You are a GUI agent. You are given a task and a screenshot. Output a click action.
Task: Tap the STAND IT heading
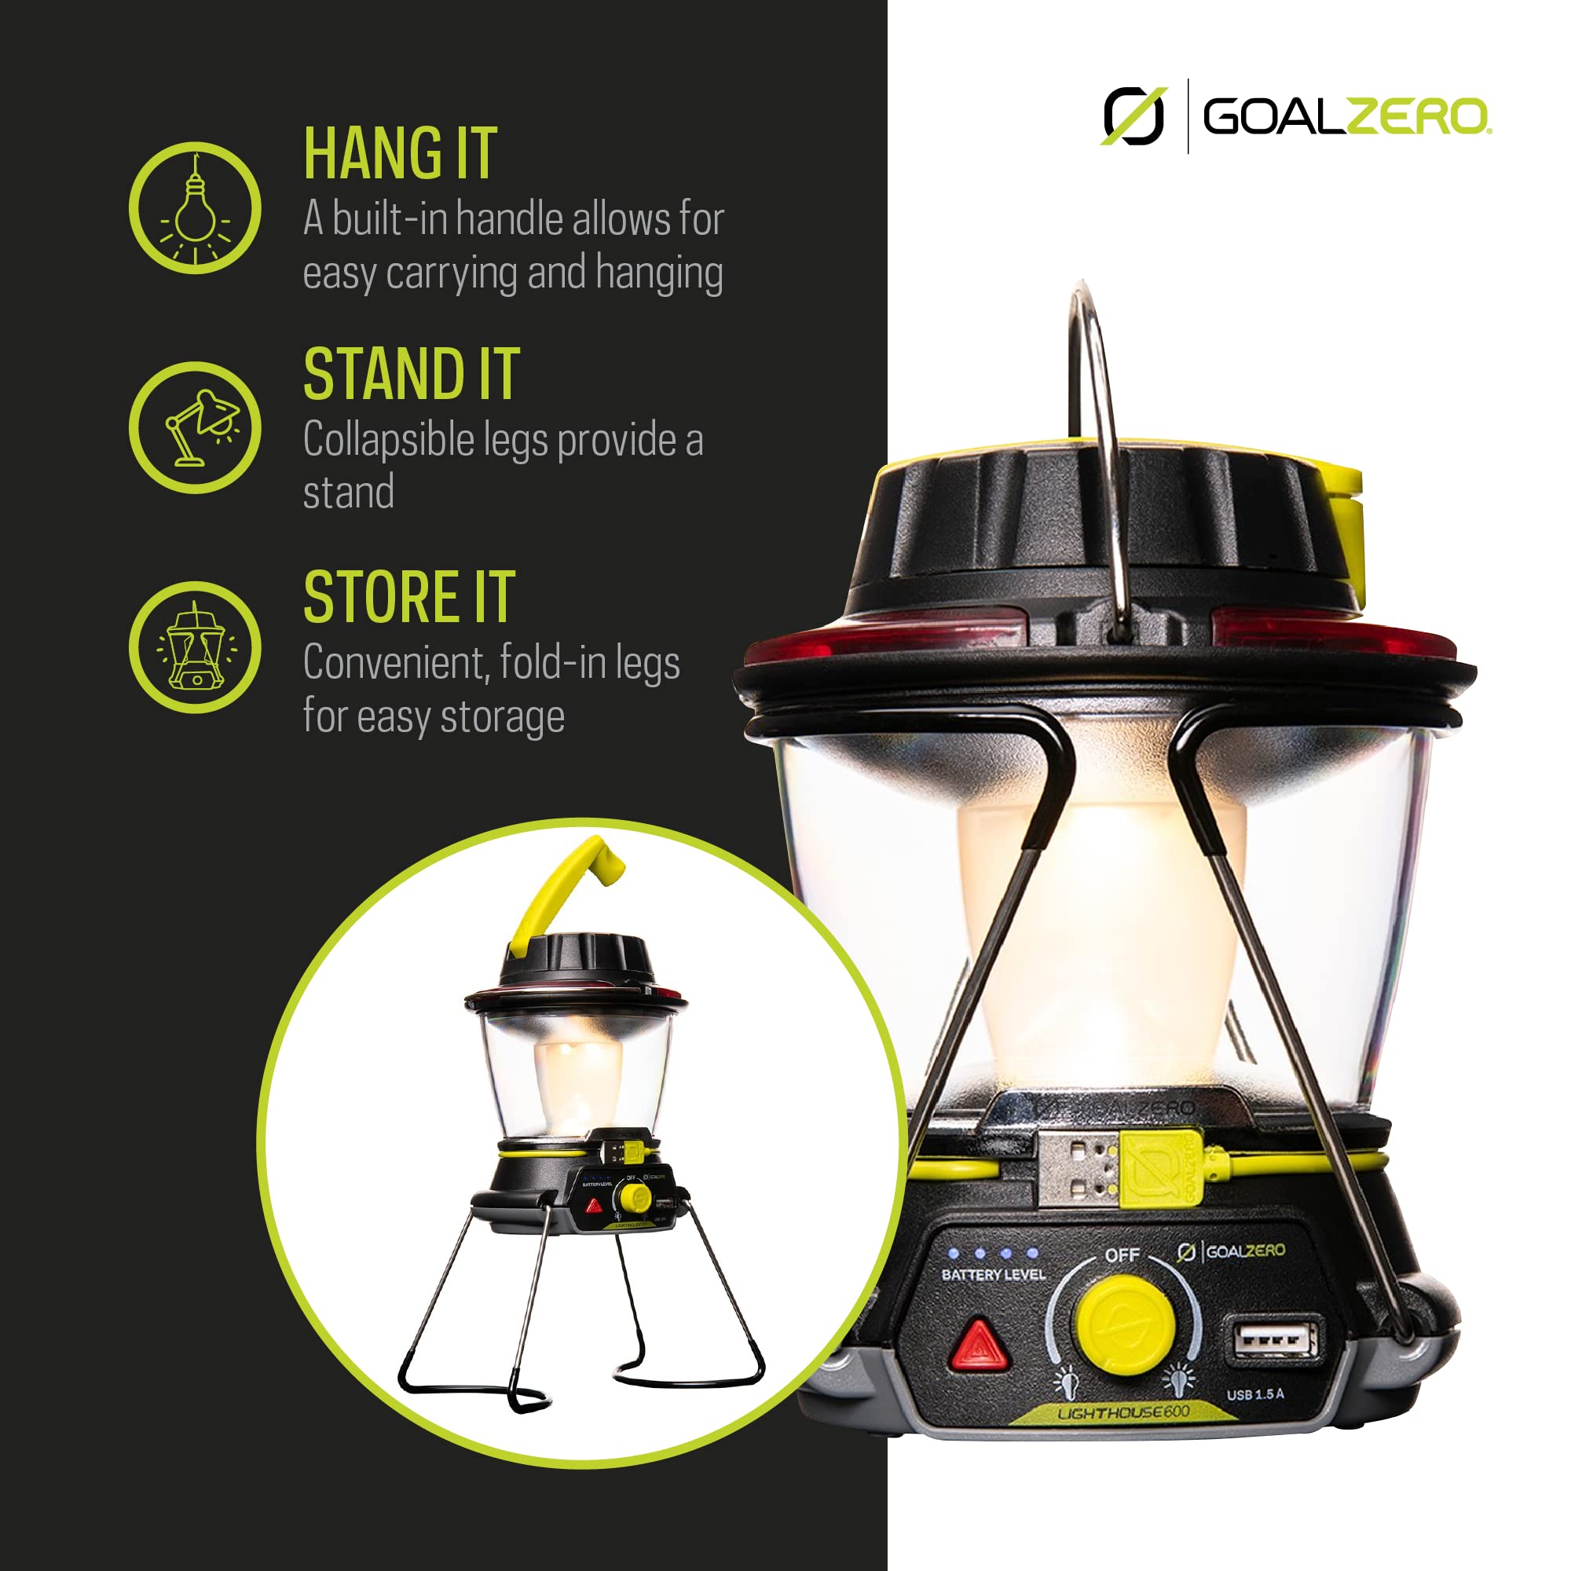coord(411,374)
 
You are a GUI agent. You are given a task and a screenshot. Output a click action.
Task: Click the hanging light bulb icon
coord(195,208)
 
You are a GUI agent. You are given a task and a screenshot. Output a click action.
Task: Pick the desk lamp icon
coord(195,428)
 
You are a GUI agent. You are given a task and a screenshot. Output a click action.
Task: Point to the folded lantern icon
coord(195,648)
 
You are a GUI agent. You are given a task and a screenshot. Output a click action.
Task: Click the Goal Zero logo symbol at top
coord(1133,116)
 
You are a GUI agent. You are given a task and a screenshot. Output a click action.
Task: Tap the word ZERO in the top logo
coord(1416,117)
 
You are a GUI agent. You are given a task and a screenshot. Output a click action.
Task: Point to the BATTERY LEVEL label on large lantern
coord(993,1274)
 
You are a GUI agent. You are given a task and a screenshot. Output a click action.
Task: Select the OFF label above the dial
coord(1122,1254)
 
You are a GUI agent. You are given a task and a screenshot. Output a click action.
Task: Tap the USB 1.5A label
coord(1255,1394)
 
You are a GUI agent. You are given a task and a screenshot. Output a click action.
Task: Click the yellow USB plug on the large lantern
coord(1159,1167)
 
